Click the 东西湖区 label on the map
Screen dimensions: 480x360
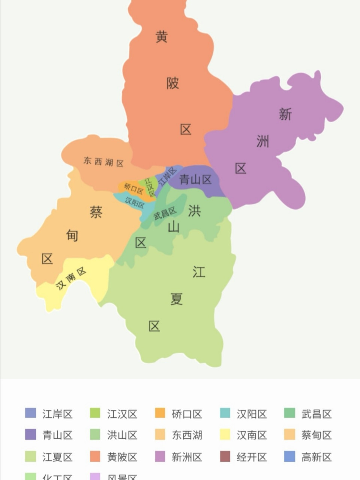(103, 162)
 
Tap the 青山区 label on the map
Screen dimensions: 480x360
(195, 180)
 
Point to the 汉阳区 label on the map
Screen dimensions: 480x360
(135, 202)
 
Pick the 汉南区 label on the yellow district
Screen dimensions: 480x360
(71, 279)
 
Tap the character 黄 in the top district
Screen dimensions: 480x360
(161, 37)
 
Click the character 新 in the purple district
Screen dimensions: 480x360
(285, 114)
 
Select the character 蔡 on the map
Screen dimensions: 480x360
(96, 212)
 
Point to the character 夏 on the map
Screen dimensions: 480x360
(176, 299)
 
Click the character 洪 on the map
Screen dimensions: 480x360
(194, 211)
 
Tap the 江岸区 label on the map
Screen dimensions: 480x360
(167, 176)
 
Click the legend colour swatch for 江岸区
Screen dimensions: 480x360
(31, 413)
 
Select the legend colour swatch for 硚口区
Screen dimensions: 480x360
(160, 413)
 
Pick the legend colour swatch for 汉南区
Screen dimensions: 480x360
(225, 435)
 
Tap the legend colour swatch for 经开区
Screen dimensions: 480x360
(225, 456)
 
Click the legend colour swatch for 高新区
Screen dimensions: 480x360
(290, 456)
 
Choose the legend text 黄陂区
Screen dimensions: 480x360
(122, 457)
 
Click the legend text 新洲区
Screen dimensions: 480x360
(187, 457)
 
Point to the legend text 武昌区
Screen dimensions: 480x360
(316, 414)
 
